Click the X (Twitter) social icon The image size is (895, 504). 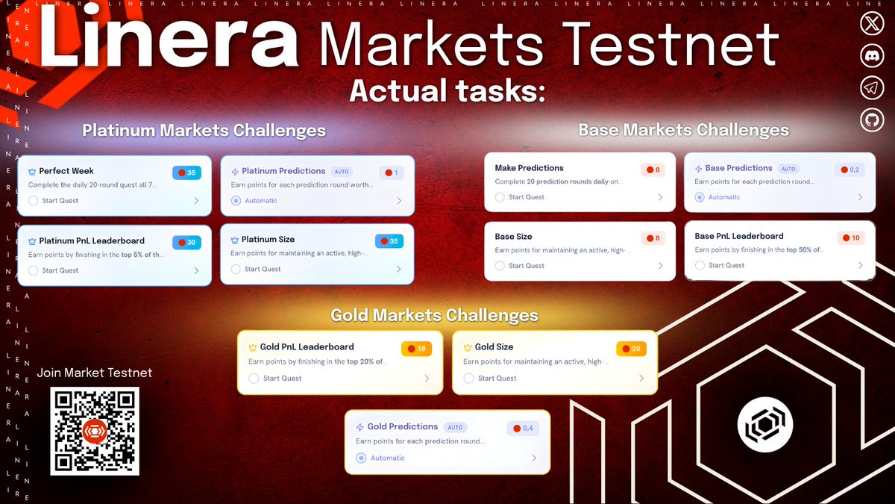(872, 24)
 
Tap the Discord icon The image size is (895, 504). (872, 55)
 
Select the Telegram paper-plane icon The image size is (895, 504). (872, 87)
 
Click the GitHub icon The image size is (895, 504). (872, 119)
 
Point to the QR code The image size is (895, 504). (95, 432)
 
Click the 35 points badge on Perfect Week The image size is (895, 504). (186, 172)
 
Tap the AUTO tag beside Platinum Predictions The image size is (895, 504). (342, 172)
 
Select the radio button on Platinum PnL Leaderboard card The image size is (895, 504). (33, 270)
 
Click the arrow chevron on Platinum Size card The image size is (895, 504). (399, 270)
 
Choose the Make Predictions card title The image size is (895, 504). (529, 168)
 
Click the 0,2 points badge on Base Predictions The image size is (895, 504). (850, 169)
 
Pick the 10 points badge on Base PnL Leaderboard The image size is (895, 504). (851, 238)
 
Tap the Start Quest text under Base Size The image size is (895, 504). (527, 266)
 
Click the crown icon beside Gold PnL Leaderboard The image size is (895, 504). (253, 348)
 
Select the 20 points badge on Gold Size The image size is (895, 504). (631, 349)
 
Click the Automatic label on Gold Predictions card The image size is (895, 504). (388, 458)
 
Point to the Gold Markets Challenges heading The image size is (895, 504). (435, 315)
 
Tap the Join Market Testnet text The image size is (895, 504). (94, 373)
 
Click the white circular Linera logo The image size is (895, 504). (765, 425)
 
